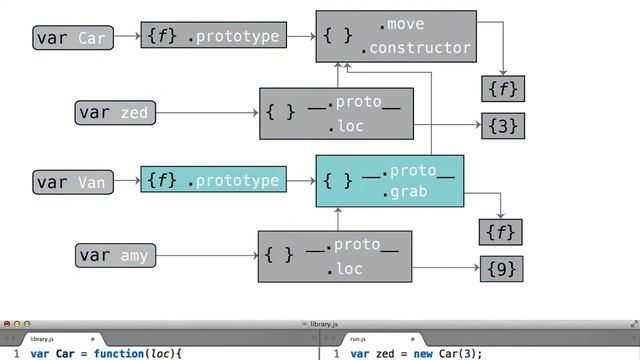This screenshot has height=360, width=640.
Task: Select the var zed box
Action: point(115,112)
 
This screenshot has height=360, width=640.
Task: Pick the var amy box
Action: point(115,255)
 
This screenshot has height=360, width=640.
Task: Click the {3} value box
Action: point(503,126)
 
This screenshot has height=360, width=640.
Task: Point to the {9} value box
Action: point(503,269)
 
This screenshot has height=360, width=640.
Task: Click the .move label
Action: point(402,24)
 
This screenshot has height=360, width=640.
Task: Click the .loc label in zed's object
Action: point(346,126)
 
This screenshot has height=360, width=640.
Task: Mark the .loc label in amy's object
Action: point(345,269)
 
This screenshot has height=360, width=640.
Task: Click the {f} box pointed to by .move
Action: point(503,88)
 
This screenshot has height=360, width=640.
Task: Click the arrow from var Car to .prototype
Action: point(125,38)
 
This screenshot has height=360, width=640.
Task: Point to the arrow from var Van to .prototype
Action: point(125,181)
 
